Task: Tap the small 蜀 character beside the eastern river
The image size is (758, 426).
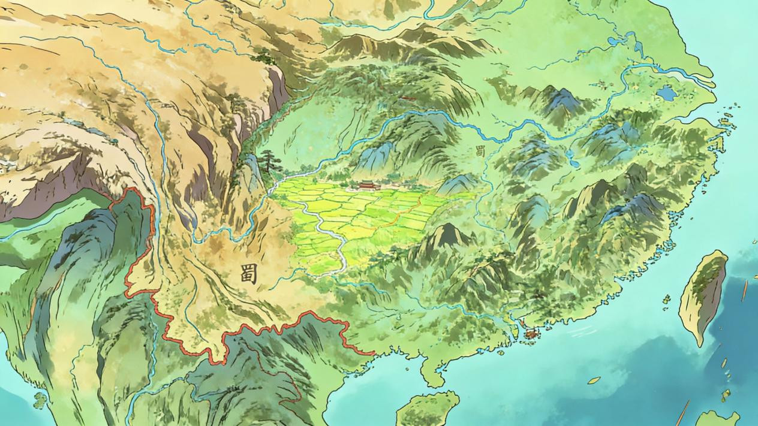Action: click(x=480, y=150)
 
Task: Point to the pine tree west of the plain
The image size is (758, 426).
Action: click(x=268, y=161)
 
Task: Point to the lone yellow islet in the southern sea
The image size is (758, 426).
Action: click(x=594, y=380)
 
